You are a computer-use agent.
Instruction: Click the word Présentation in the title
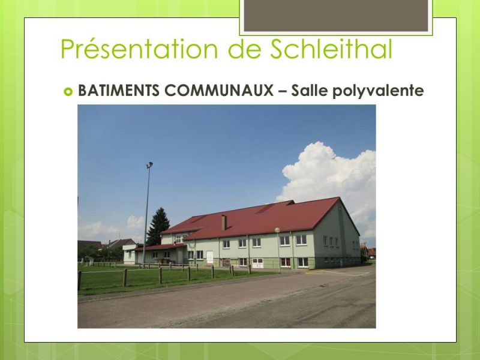[139, 49]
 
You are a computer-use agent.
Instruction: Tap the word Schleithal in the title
[331, 49]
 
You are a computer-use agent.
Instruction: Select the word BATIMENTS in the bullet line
[119, 91]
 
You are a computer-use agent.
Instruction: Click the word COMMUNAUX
[219, 91]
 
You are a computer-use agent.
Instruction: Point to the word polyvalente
[378, 91]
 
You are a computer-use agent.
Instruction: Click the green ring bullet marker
[68, 91]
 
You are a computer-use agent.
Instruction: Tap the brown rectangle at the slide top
[336, 16]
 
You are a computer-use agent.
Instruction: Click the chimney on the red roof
[224, 223]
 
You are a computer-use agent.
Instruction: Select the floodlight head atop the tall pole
[149, 164]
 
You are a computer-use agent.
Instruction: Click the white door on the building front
[209, 257]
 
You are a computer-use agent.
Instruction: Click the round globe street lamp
[277, 230]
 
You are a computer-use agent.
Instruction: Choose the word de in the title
[244, 49]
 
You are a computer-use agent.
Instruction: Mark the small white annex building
[130, 254]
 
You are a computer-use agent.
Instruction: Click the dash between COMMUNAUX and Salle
[282, 91]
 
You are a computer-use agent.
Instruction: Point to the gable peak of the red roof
[339, 198]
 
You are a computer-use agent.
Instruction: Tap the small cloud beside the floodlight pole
[136, 223]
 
